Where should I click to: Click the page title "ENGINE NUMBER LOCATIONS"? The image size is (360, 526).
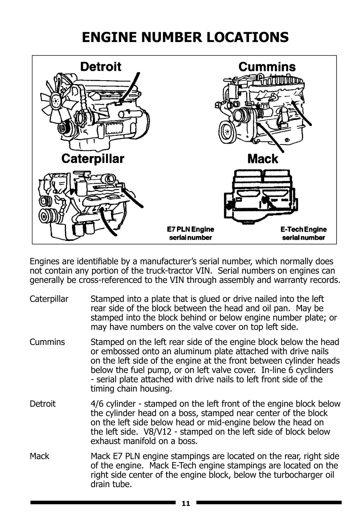(x=185, y=37)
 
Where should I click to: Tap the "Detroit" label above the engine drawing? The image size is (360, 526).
(x=101, y=67)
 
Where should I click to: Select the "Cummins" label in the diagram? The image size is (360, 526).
(x=267, y=67)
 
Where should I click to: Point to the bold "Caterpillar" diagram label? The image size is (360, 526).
(x=93, y=159)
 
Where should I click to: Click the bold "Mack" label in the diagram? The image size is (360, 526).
(x=263, y=159)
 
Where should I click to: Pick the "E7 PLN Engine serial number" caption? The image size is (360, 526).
(x=190, y=234)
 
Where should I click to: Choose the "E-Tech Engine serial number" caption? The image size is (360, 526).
(x=304, y=234)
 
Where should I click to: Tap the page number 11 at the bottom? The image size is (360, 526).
(x=186, y=503)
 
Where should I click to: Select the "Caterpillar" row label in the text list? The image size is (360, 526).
(x=49, y=299)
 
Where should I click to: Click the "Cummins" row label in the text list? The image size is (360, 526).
(x=47, y=342)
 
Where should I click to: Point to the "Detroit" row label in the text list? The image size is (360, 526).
(x=43, y=404)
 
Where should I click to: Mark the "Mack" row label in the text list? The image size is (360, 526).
(x=39, y=456)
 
